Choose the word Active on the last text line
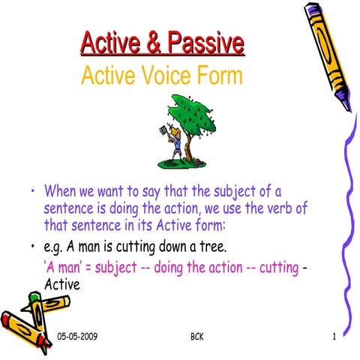pos(62,285)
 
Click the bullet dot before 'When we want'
pos(32,192)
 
